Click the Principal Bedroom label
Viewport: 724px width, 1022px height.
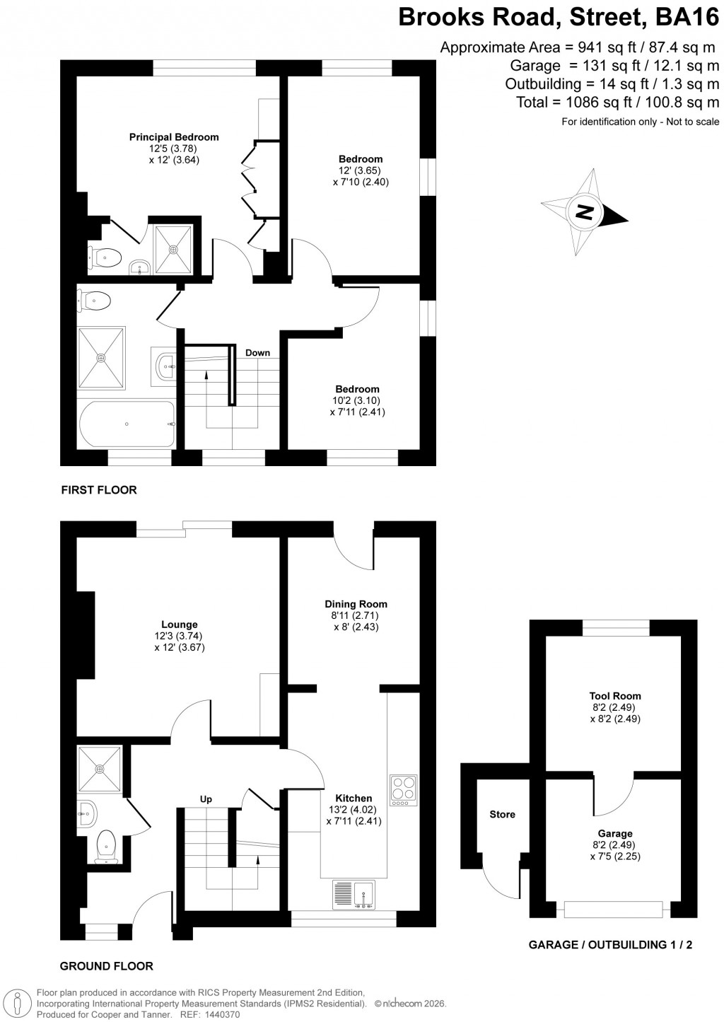pyautogui.click(x=173, y=137)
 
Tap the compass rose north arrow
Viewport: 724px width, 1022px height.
pyautogui.click(x=584, y=212)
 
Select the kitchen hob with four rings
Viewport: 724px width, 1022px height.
pyautogui.click(x=402, y=790)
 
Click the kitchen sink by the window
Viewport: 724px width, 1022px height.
pyautogui.click(x=353, y=894)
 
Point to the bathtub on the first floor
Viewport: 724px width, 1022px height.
pyautogui.click(x=127, y=424)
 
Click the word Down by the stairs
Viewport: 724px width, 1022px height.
pyautogui.click(x=257, y=353)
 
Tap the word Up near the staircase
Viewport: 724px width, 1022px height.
pyautogui.click(x=206, y=799)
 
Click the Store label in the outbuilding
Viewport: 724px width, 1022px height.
pyautogui.click(x=502, y=814)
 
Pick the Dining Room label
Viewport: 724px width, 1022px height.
pyautogui.click(x=356, y=604)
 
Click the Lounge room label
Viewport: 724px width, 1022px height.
pyautogui.click(x=179, y=625)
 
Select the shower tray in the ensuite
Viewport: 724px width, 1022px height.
pyautogui.click(x=173, y=249)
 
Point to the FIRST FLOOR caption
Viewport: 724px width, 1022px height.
pyautogui.click(x=99, y=489)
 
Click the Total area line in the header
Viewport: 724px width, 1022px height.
pyautogui.click(x=617, y=102)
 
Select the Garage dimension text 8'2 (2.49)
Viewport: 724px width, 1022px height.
pyautogui.click(x=614, y=845)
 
